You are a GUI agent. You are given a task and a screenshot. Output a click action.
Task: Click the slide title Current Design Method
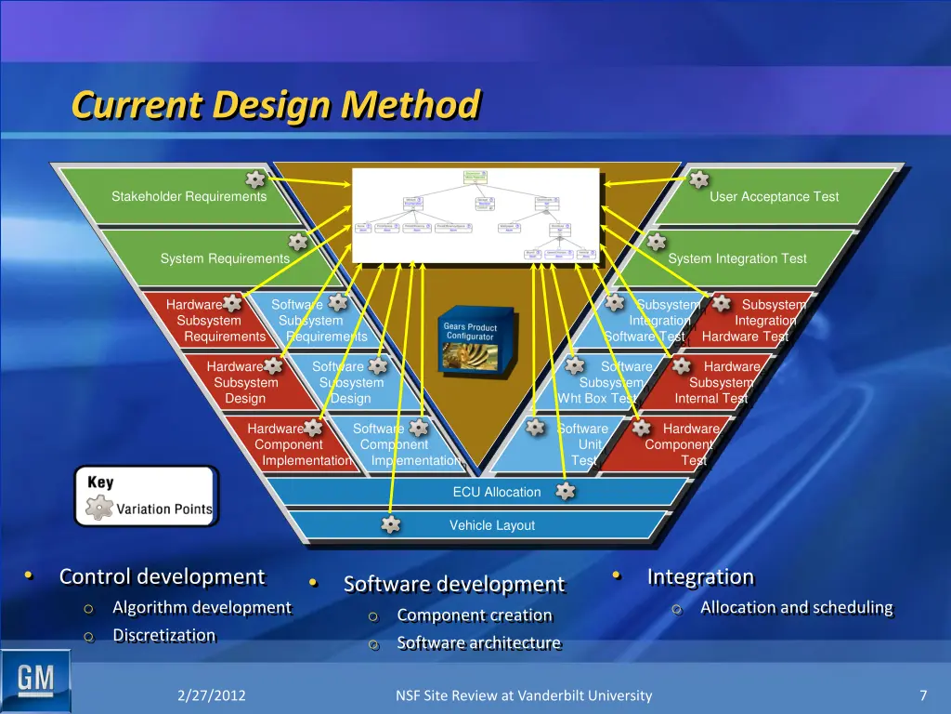(x=276, y=105)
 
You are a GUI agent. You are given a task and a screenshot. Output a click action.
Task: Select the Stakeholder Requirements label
(x=189, y=196)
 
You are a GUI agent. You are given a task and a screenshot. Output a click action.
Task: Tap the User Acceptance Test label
(x=774, y=196)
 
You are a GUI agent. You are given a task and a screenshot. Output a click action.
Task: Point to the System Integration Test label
(x=737, y=258)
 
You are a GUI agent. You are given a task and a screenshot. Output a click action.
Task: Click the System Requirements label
(x=225, y=258)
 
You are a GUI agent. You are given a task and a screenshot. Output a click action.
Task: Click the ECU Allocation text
(x=496, y=492)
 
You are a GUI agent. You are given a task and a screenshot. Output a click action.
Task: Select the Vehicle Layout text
(x=492, y=525)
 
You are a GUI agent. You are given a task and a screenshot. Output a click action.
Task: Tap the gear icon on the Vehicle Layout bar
(x=391, y=524)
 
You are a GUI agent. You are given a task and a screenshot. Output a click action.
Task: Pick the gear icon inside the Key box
(x=98, y=508)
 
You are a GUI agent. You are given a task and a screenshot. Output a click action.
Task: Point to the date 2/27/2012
(x=212, y=695)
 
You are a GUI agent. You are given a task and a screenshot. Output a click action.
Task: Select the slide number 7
(x=923, y=695)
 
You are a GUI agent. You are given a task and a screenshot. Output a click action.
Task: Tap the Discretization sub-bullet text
(x=163, y=635)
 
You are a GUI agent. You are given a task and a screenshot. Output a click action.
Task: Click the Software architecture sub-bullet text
(x=478, y=642)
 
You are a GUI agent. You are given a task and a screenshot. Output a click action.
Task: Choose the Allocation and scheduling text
(x=796, y=607)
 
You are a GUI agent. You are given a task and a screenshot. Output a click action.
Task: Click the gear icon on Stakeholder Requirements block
(x=254, y=179)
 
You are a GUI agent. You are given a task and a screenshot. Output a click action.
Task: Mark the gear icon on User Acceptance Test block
(x=698, y=179)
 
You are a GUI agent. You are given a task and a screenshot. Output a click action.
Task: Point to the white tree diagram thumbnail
(x=475, y=215)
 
